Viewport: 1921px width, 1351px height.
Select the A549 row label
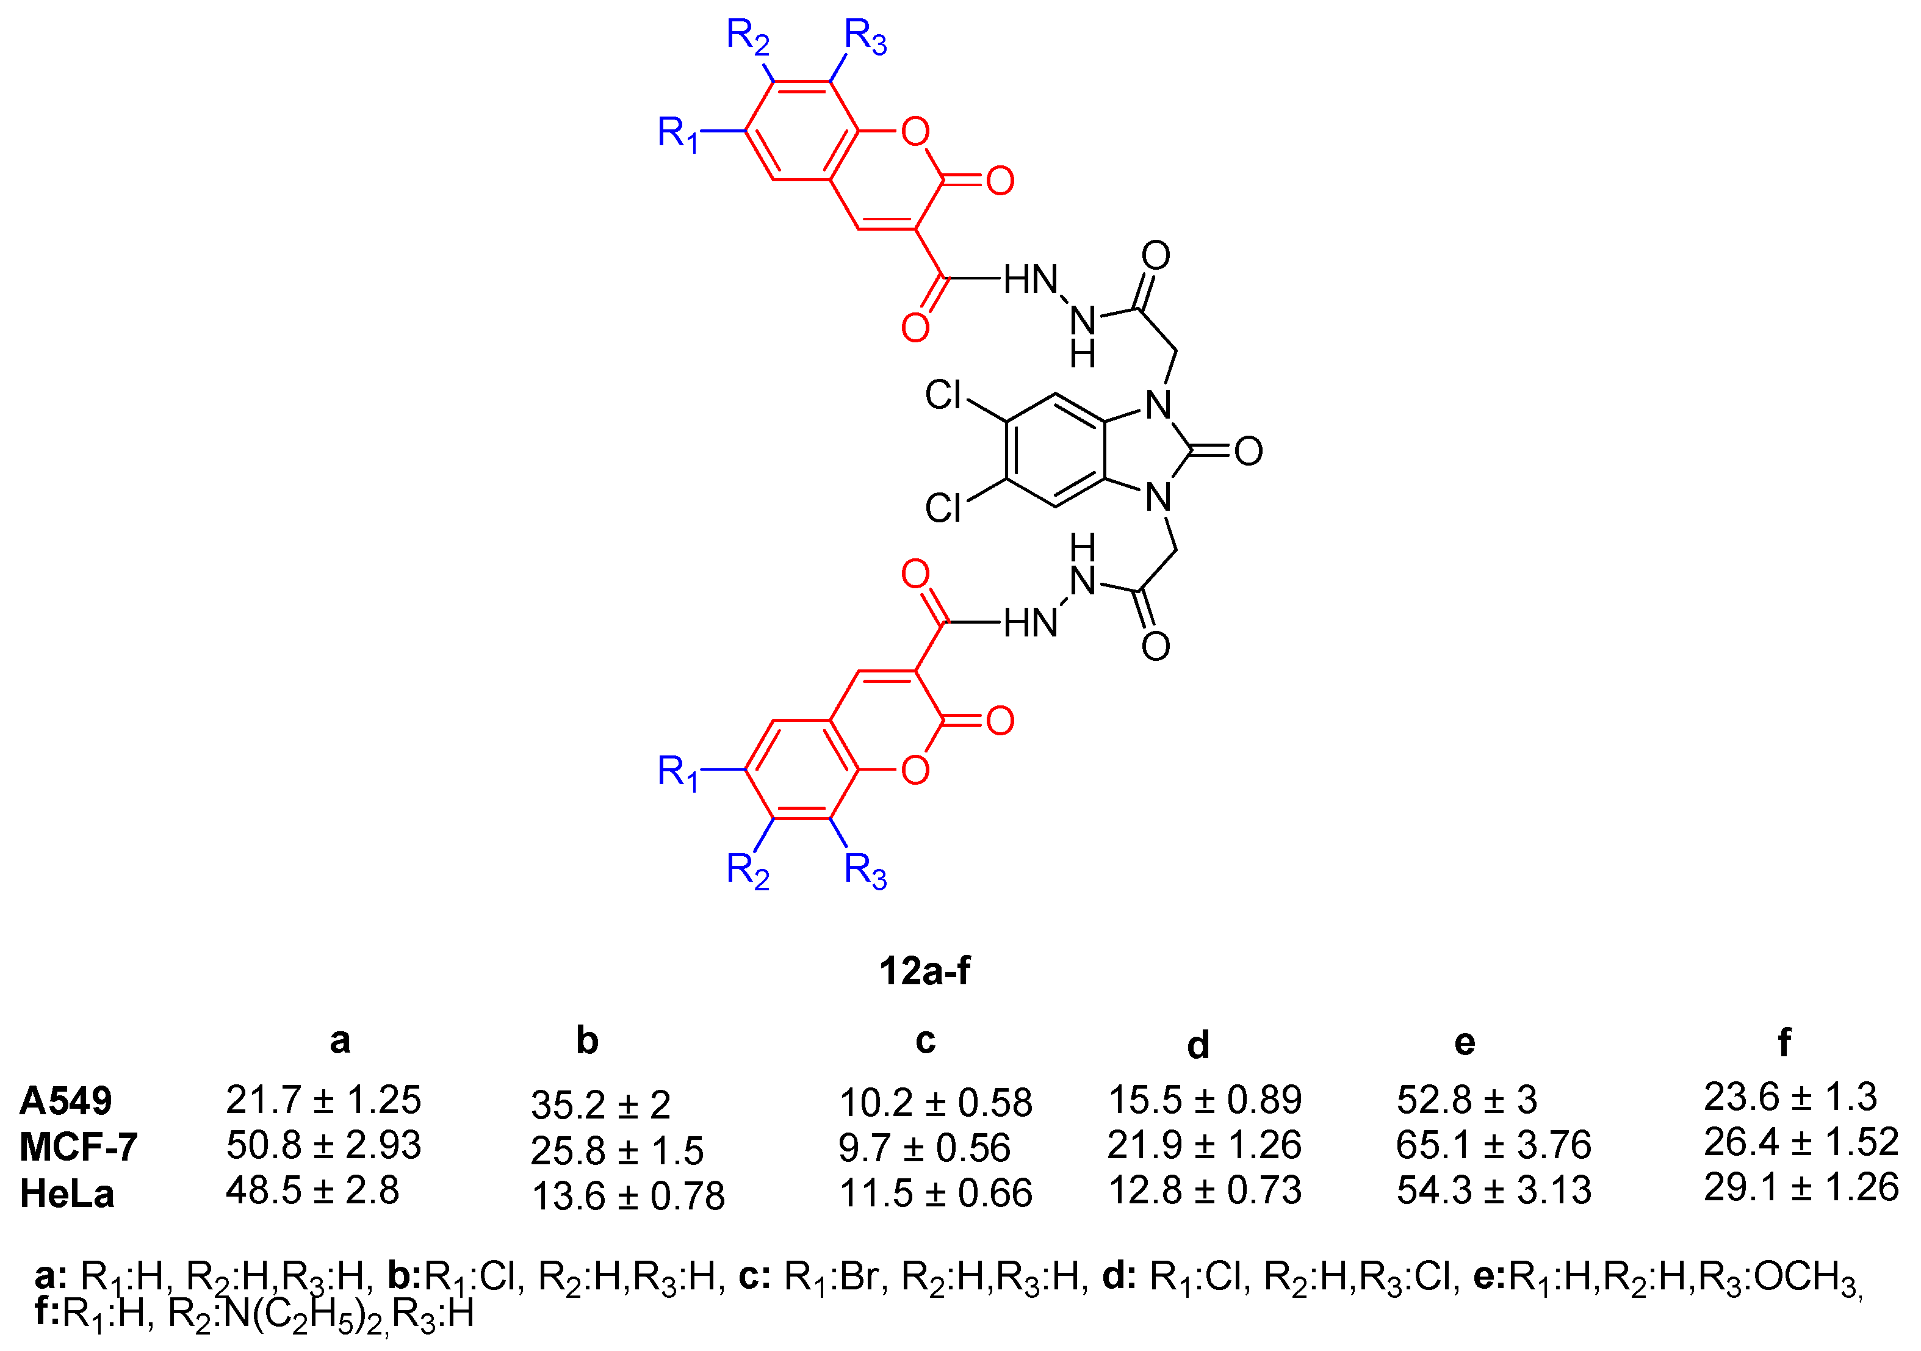pyautogui.click(x=65, y=1101)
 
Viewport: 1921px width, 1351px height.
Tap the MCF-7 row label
pyautogui.click(x=78, y=1147)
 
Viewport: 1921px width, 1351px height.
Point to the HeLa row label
pyautogui.click(x=67, y=1194)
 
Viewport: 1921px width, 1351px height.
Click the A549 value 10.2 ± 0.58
pyautogui.click(x=935, y=1103)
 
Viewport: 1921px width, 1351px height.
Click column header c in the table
pyautogui.click(x=924, y=1040)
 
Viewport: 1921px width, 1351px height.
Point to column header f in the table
pyautogui.click(x=1784, y=1042)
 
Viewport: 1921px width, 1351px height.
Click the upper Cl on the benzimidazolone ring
pyautogui.click(x=944, y=395)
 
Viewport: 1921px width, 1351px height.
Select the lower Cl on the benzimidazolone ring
pyautogui.click(x=944, y=508)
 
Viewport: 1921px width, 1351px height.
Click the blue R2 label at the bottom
pyautogui.click(x=747, y=871)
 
